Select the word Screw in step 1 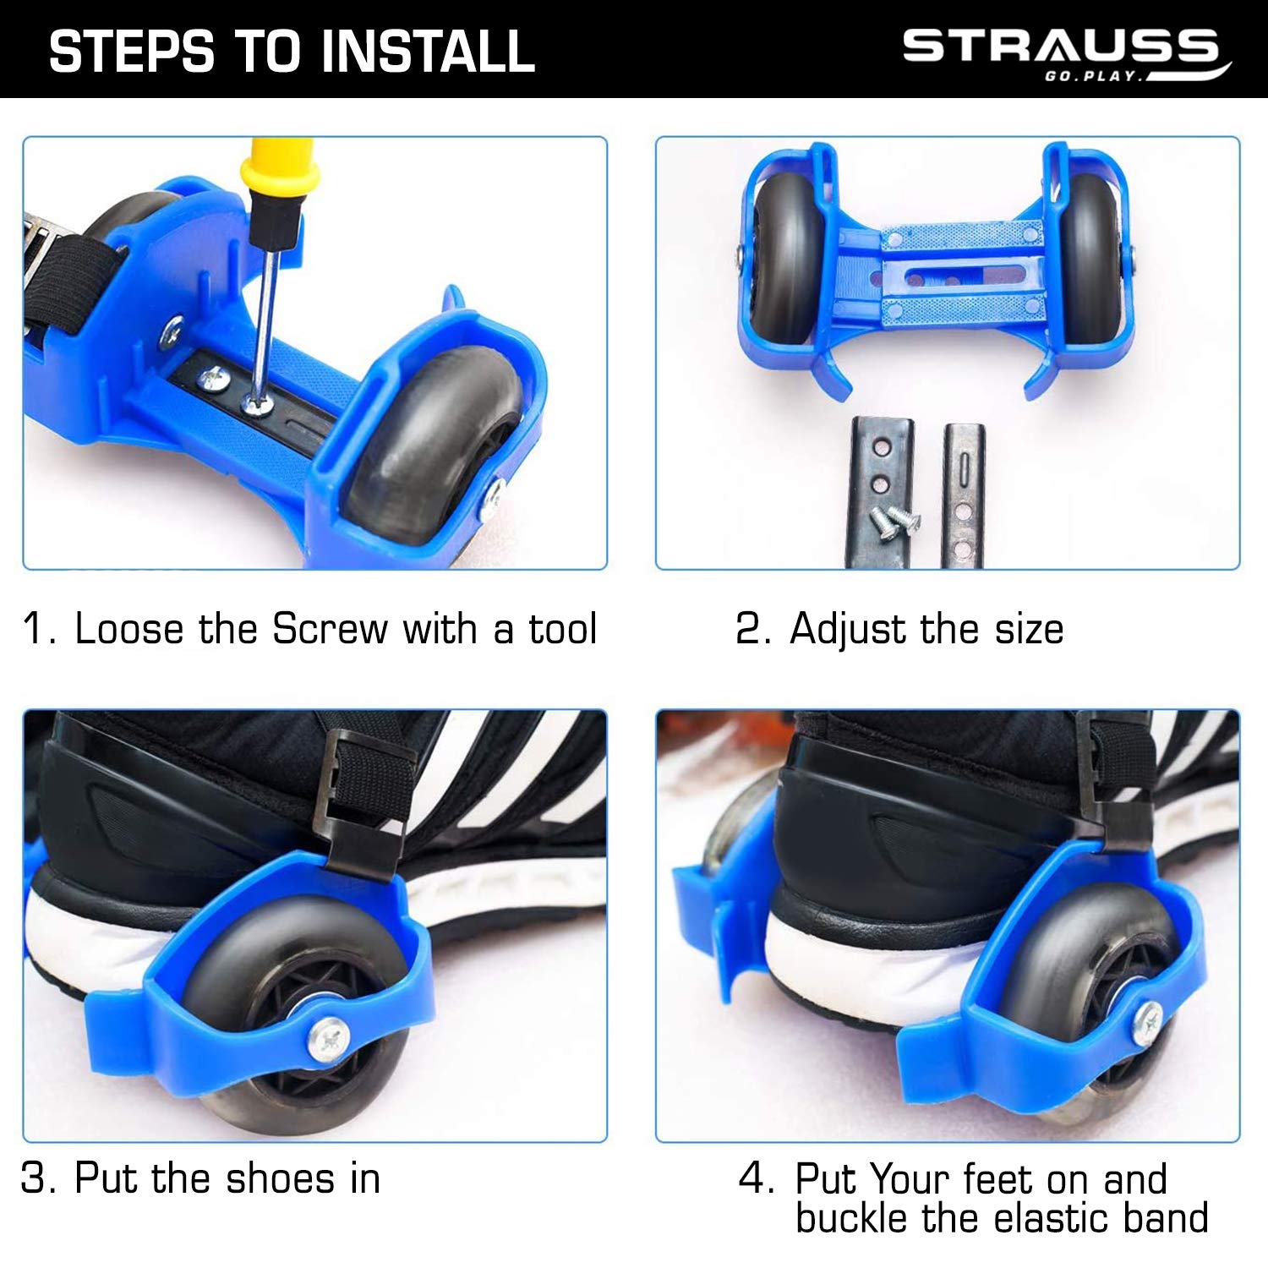click(330, 628)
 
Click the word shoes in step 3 click(281, 1178)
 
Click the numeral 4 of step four click(752, 1178)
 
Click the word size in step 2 click(1029, 630)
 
